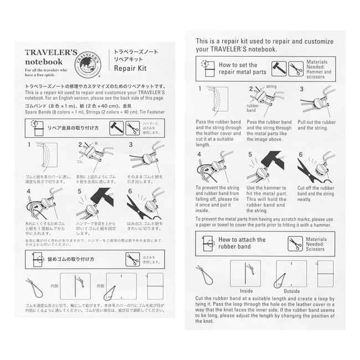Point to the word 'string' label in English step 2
point(271,87)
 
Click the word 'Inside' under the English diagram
point(246,290)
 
